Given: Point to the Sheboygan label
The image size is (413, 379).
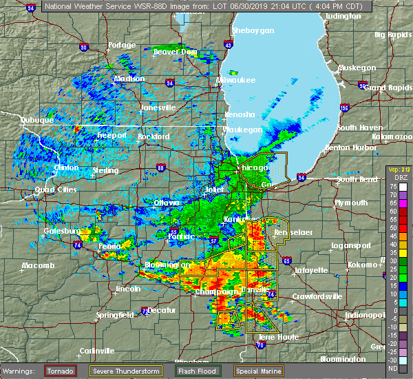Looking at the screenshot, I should coord(253,31).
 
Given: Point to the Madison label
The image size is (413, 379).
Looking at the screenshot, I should coord(130,79).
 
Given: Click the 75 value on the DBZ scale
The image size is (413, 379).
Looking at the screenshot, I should coord(390,186).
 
